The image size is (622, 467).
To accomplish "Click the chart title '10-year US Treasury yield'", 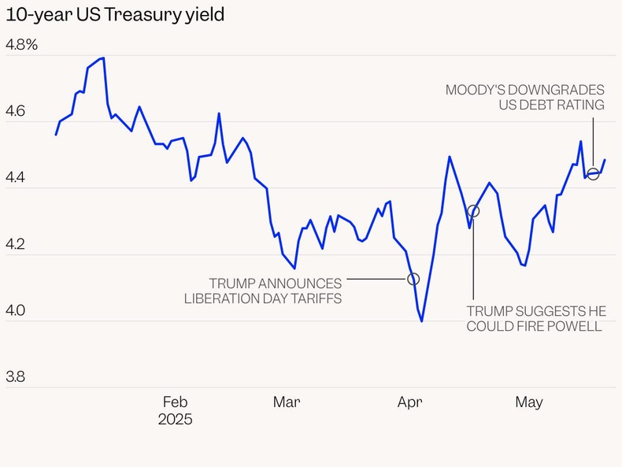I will coord(115,15).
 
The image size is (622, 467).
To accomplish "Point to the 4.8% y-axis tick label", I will coord(22,45).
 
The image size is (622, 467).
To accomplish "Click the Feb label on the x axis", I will coord(174,402).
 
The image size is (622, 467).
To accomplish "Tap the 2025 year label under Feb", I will coord(175,420).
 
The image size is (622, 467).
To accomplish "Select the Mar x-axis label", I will coord(287,402).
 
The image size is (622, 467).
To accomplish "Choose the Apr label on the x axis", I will coord(409,402).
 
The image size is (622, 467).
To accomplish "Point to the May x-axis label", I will coord(529,402).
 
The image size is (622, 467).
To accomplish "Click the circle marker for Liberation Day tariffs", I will coord(413,279).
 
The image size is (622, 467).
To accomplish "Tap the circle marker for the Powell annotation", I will coord(473,211).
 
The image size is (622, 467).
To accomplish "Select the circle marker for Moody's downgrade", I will coord(594,174).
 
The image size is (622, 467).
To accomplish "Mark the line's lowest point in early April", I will coord(422,321).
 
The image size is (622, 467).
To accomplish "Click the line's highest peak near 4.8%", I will coord(102,57).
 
